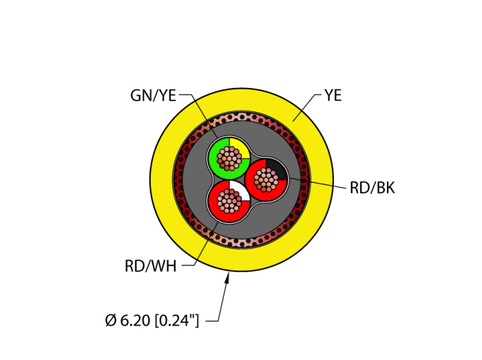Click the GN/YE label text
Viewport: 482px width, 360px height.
[x=153, y=96]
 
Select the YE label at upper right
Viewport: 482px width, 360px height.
[x=333, y=96]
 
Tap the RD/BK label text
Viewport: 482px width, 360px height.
[x=372, y=188]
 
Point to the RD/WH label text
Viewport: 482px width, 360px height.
[x=150, y=266]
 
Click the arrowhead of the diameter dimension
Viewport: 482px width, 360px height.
[x=228, y=277]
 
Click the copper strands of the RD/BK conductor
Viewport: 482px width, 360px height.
[x=267, y=181]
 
